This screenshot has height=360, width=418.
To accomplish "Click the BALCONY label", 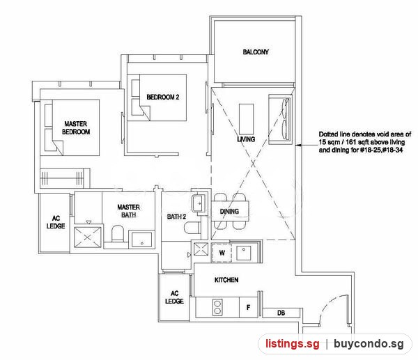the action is pyautogui.click(x=256, y=52).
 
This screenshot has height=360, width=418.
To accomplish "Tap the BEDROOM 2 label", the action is pyautogui.click(x=163, y=97).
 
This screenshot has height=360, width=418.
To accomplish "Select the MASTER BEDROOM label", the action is pyautogui.click(x=76, y=127).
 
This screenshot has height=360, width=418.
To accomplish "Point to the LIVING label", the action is pyautogui.click(x=246, y=139).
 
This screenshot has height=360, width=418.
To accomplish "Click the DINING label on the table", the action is pyautogui.click(x=229, y=212).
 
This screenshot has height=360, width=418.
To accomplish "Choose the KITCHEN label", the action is pyautogui.click(x=226, y=280).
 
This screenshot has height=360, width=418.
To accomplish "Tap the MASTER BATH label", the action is pyautogui.click(x=128, y=211).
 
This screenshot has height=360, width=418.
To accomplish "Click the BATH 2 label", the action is pyautogui.click(x=176, y=217).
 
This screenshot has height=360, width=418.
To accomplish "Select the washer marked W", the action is pyautogui.click(x=222, y=253).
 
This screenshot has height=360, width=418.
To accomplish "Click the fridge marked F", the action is pyautogui.click(x=249, y=308).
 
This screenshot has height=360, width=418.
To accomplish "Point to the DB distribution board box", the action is pyautogui.click(x=281, y=313).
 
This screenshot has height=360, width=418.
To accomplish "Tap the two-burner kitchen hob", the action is pyautogui.click(x=217, y=308).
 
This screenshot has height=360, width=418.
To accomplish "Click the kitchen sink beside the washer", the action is pyautogui.click(x=244, y=253).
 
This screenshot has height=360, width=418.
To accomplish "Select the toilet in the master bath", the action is pyautogui.click(x=117, y=234).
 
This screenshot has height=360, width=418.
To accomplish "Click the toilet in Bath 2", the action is pyautogui.click(x=192, y=227).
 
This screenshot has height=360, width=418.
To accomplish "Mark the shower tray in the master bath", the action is pyautogui.click(x=88, y=237).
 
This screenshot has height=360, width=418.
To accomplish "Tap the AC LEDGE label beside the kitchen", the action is pyautogui.click(x=174, y=297).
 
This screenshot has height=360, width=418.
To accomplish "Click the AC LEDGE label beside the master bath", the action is pyautogui.click(x=56, y=222).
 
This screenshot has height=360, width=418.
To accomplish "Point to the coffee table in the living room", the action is pyautogui.click(x=247, y=119).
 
